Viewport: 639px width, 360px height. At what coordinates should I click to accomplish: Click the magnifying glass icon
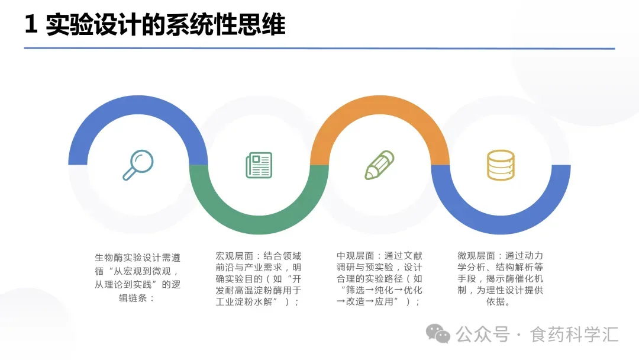138,165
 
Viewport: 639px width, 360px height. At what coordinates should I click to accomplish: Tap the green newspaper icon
259,165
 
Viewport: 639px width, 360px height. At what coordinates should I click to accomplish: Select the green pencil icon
379,165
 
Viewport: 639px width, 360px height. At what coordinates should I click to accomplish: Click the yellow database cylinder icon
501,165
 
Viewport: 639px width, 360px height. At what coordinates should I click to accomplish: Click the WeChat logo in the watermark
438,334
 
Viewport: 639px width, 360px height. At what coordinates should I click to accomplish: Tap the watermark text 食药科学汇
575,335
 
